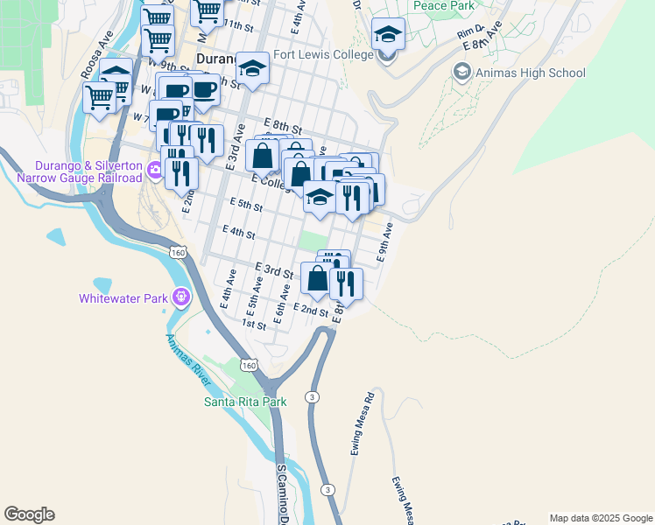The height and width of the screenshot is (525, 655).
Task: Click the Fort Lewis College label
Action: pos(323,53)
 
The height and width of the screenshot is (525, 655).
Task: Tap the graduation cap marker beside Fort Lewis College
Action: pos(387,36)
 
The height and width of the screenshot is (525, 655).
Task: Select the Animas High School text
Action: pos(531,73)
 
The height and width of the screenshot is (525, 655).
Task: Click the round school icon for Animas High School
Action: pos(461,72)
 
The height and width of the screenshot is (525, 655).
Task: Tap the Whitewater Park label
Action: pos(123,298)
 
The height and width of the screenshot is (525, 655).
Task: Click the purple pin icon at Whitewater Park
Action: pos(181,297)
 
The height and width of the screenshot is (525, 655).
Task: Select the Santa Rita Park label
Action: pos(245,402)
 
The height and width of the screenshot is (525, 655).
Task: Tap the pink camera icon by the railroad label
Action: pos(155,171)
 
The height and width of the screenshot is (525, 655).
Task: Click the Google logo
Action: pos(29,514)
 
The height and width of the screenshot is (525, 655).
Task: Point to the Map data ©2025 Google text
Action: pos(601,518)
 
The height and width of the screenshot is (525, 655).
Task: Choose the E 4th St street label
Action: pos(238,233)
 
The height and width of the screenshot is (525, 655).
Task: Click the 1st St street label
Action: pos(254,325)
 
